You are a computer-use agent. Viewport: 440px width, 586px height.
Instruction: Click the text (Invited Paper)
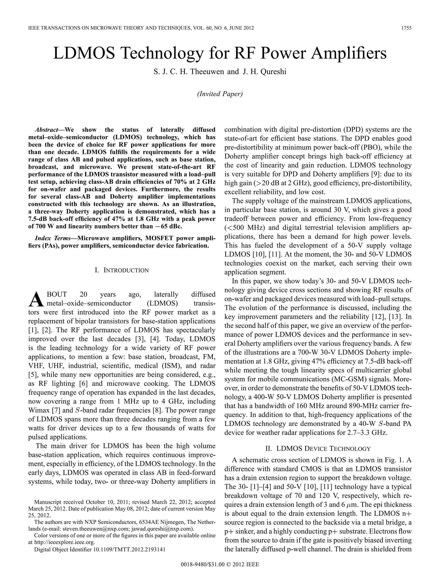point(220,94)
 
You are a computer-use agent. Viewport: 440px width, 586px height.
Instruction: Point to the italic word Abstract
point(47,130)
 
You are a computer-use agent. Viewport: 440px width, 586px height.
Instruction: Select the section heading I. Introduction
point(122,270)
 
